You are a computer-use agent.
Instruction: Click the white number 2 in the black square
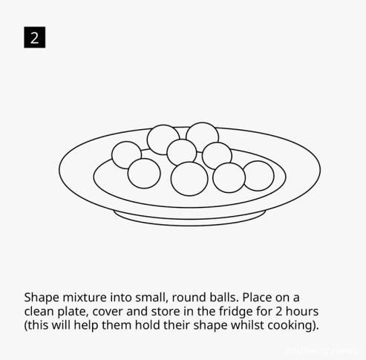coord(35,38)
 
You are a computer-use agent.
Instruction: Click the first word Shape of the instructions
coord(42,298)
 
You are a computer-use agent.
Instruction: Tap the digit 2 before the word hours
coord(278,312)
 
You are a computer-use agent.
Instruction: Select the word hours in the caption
coord(302,311)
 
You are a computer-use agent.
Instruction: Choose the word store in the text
coord(166,312)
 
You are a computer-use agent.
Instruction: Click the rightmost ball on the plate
coord(258,176)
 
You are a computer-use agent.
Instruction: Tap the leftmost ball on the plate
coord(126,155)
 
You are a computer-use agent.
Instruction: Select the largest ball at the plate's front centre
coord(189,179)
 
